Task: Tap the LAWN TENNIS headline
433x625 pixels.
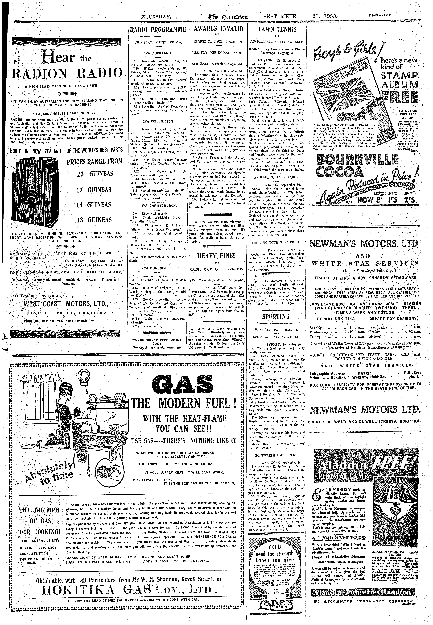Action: click(277, 29)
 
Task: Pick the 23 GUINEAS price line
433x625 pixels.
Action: click(95, 174)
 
